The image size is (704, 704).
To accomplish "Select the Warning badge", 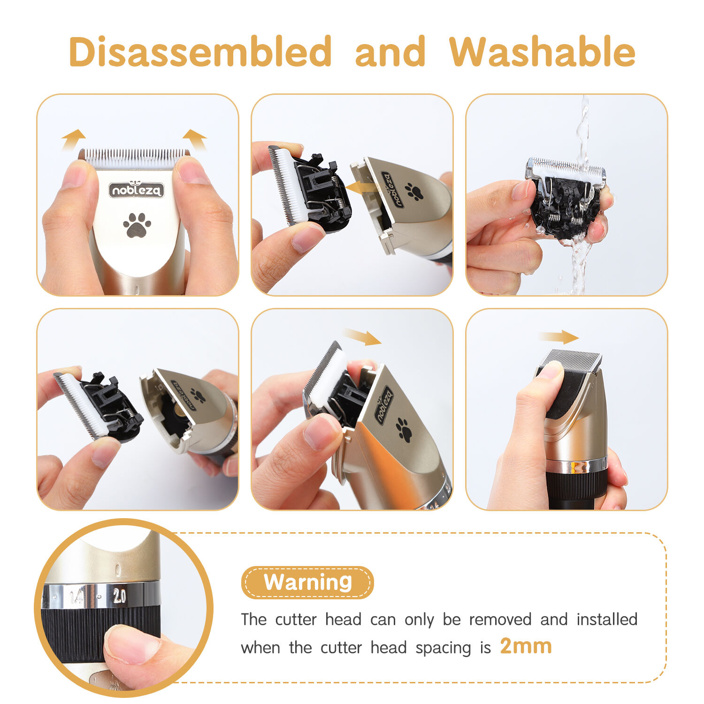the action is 307,582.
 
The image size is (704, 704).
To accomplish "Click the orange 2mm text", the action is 526,646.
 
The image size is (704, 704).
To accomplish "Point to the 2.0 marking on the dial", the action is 119,596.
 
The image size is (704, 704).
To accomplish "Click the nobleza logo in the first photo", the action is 137,190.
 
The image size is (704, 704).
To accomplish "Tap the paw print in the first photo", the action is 137,225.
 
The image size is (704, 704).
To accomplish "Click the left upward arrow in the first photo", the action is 73,139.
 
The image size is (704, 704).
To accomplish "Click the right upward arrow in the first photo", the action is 195,139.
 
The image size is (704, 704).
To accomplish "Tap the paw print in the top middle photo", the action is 414,191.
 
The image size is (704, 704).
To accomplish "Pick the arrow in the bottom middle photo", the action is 362,337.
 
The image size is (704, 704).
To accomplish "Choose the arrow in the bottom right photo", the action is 559,337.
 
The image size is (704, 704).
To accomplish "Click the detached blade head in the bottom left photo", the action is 99,406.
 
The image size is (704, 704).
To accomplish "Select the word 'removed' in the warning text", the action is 500,620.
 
